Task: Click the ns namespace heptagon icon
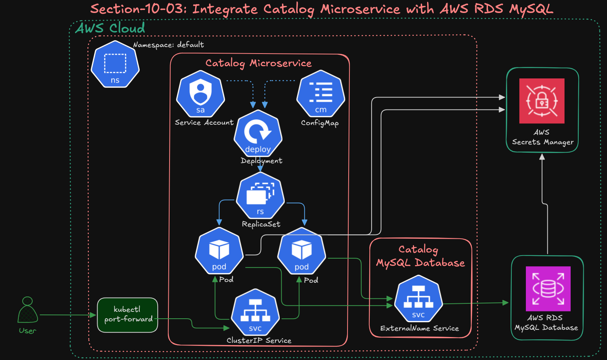click(115, 64)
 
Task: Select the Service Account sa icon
click(200, 94)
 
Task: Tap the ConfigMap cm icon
click(321, 94)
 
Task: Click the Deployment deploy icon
click(258, 133)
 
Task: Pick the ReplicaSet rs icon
click(260, 195)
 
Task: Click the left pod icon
click(219, 251)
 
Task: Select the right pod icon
click(302, 251)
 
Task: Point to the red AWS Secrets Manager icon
click(542, 101)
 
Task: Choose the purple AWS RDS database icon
click(548, 288)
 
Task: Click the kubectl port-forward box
click(127, 315)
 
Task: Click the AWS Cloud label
click(110, 28)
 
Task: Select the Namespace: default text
click(168, 45)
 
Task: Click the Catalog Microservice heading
click(258, 63)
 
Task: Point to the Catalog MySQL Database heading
click(420, 256)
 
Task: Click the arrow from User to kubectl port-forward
click(67, 315)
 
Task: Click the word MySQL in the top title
click(531, 9)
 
